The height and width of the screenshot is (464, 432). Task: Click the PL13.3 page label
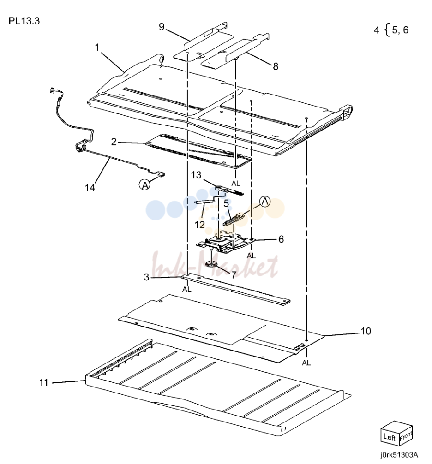24,21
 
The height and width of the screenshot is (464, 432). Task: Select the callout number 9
162,27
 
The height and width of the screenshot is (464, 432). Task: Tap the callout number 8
276,66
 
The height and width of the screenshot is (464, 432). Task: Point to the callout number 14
90,188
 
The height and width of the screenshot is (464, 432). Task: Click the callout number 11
43,383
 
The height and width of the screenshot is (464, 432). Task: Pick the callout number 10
366,331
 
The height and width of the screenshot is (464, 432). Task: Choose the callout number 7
234,275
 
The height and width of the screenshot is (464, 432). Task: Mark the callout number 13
196,175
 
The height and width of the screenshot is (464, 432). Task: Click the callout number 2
114,142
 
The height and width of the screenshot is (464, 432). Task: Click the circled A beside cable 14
145,185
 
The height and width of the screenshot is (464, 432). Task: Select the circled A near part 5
265,202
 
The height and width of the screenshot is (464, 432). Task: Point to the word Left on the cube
390,437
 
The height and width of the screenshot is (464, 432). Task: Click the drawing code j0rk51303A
400,454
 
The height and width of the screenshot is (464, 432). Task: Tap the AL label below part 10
306,363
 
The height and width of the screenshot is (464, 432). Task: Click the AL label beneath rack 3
186,289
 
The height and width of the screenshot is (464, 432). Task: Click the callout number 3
147,277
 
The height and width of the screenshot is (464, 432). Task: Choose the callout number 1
97,48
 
